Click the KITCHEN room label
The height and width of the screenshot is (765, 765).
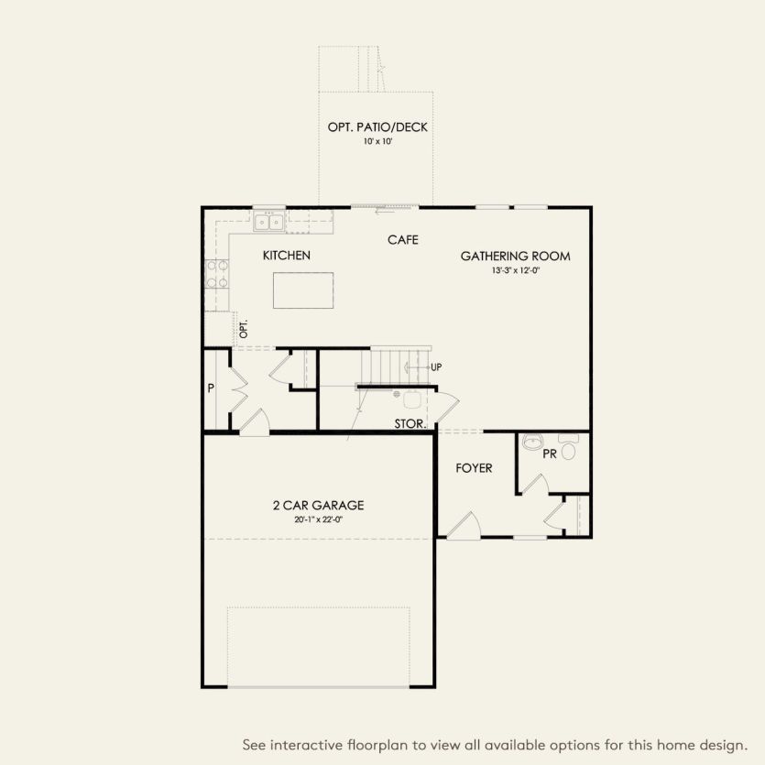coord(286,256)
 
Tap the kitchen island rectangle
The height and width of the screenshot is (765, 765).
coord(302,290)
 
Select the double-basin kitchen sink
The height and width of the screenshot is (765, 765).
coord(269,221)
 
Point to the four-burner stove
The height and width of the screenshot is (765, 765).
coord(217,274)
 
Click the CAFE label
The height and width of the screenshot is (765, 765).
coord(402,240)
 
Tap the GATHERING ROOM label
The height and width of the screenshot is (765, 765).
coord(515,257)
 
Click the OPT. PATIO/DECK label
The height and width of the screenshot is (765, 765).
coord(377,127)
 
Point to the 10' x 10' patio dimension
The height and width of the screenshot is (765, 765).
coord(377,143)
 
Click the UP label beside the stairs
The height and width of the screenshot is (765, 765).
coord(436,367)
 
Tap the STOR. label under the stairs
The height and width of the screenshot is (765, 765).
coord(409,424)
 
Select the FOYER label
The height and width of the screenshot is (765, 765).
coord(474,468)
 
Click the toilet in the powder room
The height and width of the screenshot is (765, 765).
coord(568,449)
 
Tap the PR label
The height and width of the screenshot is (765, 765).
coord(550,454)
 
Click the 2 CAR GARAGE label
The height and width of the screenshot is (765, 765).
coord(318,505)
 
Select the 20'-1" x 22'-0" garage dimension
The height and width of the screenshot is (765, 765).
coord(318,519)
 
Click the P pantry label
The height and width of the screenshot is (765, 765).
coord(211,388)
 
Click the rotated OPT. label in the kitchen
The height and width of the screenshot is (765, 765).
coord(244,330)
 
